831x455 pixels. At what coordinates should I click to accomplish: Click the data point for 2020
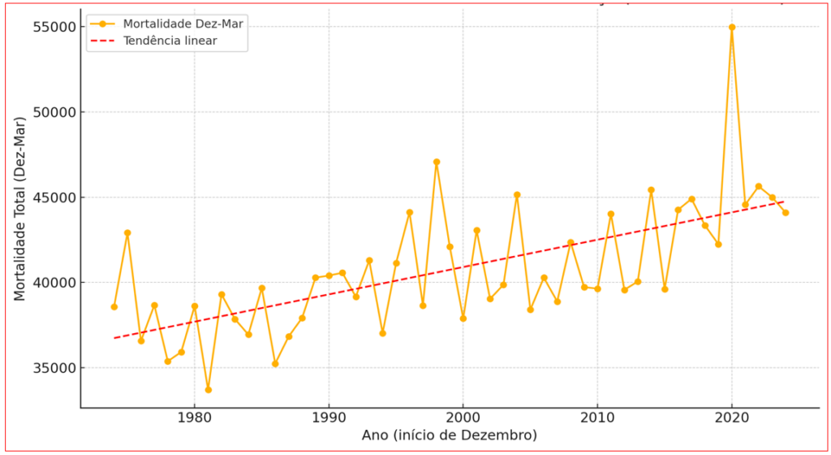point(732,27)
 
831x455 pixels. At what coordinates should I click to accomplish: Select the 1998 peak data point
point(437,162)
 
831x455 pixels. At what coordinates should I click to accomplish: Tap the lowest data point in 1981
point(209,390)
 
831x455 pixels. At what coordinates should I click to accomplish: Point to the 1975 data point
point(127,233)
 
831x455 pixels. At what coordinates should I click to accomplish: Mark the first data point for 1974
point(114,306)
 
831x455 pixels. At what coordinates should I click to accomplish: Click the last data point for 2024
point(786,213)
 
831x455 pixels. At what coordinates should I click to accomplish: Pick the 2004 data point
point(517,195)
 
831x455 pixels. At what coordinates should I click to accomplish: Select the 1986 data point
point(275,363)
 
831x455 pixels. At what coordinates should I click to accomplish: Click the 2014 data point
point(651,190)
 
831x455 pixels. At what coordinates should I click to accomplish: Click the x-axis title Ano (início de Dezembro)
point(450,436)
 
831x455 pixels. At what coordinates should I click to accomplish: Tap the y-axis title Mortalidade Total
point(20,209)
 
